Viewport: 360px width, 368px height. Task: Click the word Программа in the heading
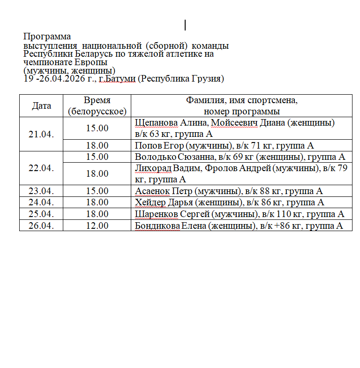[x=47, y=37]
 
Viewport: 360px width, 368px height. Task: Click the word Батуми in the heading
[x=121, y=79]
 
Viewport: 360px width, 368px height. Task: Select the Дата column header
[x=41, y=105]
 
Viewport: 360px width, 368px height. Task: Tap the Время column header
[x=97, y=100]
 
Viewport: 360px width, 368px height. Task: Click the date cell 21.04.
[x=41, y=134]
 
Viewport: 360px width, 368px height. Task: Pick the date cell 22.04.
[x=41, y=168]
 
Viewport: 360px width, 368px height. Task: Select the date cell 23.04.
[x=41, y=191]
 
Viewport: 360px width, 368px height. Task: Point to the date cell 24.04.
[x=41, y=203]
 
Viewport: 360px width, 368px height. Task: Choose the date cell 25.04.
[x=41, y=214]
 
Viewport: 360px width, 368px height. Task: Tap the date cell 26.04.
[x=41, y=225]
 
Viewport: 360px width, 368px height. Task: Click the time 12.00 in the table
[x=97, y=225]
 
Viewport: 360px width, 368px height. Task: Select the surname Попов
[x=145, y=145]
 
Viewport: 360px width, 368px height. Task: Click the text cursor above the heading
[x=186, y=25]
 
